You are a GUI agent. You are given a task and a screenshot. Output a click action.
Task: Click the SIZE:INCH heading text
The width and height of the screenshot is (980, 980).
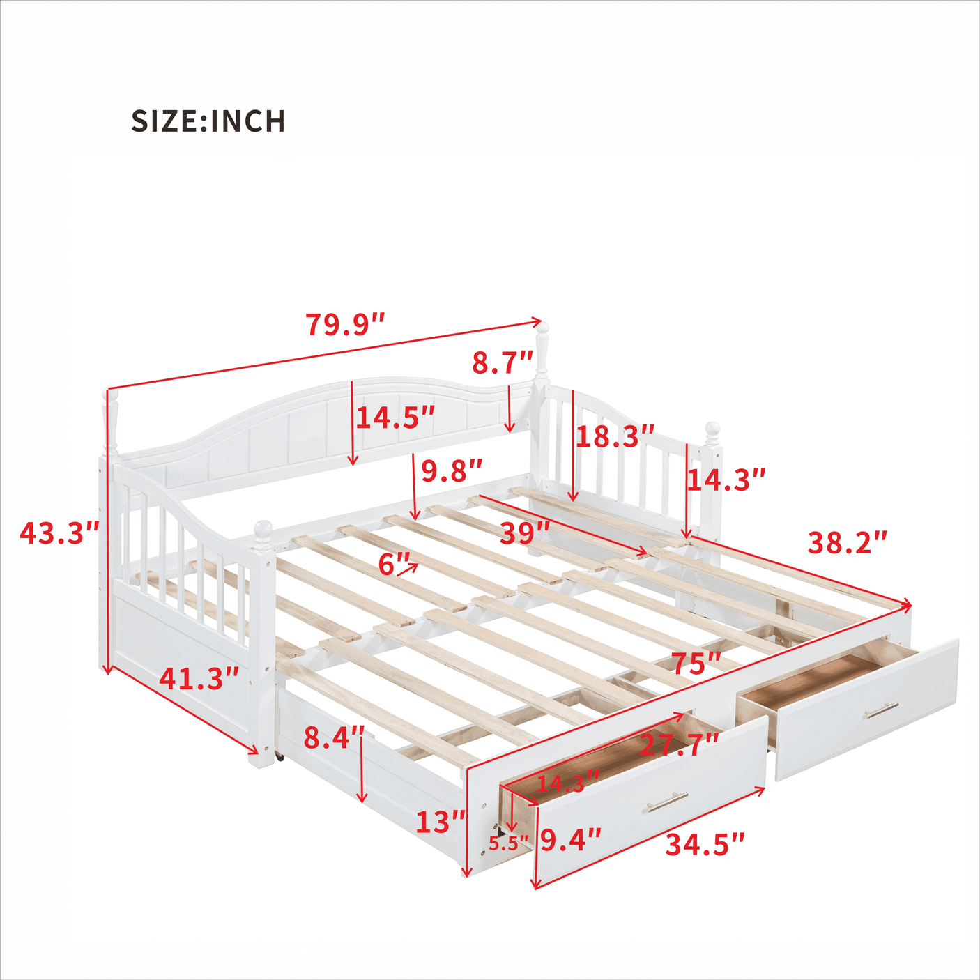pyautogui.click(x=208, y=121)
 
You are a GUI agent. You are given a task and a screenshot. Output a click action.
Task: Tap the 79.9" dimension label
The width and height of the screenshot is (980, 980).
pyautogui.click(x=345, y=325)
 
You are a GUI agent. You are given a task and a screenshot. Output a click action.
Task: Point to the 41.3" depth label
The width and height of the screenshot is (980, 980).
pyautogui.click(x=199, y=678)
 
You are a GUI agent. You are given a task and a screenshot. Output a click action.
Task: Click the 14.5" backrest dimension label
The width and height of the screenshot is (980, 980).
pyautogui.click(x=395, y=418)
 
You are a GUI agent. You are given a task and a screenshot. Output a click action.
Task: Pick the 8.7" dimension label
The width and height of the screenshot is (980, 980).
pyautogui.click(x=503, y=363)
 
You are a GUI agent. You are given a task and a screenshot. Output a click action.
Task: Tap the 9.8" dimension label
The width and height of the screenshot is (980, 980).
pyautogui.click(x=452, y=472)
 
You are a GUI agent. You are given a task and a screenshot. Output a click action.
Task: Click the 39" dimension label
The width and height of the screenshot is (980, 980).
pyautogui.click(x=525, y=534)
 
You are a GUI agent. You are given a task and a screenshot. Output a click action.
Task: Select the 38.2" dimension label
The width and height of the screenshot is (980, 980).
pyautogui.click(x=848, y=542)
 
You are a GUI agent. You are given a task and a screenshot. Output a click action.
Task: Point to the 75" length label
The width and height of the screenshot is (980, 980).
pyautogui.click(x=696, y=664)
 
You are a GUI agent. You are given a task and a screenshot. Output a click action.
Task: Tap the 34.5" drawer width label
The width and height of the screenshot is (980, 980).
pyautogui.click(x=705, y=845)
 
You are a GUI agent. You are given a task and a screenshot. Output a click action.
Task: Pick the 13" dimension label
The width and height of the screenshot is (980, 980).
pyautogui.click(x=441, y=822)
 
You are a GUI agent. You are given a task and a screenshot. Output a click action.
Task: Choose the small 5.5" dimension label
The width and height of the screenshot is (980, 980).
pyautogui.click(x=508, y=843)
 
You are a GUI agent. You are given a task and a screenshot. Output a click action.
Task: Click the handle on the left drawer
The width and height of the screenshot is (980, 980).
pyautogui.click(x=667, y=802)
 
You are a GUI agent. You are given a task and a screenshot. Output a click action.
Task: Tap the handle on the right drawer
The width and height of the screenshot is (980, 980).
pyautogui.click(x=881, y=712)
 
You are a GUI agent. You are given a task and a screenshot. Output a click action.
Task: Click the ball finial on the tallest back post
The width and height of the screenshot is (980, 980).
pyautogui.click(x=542, y=328)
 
